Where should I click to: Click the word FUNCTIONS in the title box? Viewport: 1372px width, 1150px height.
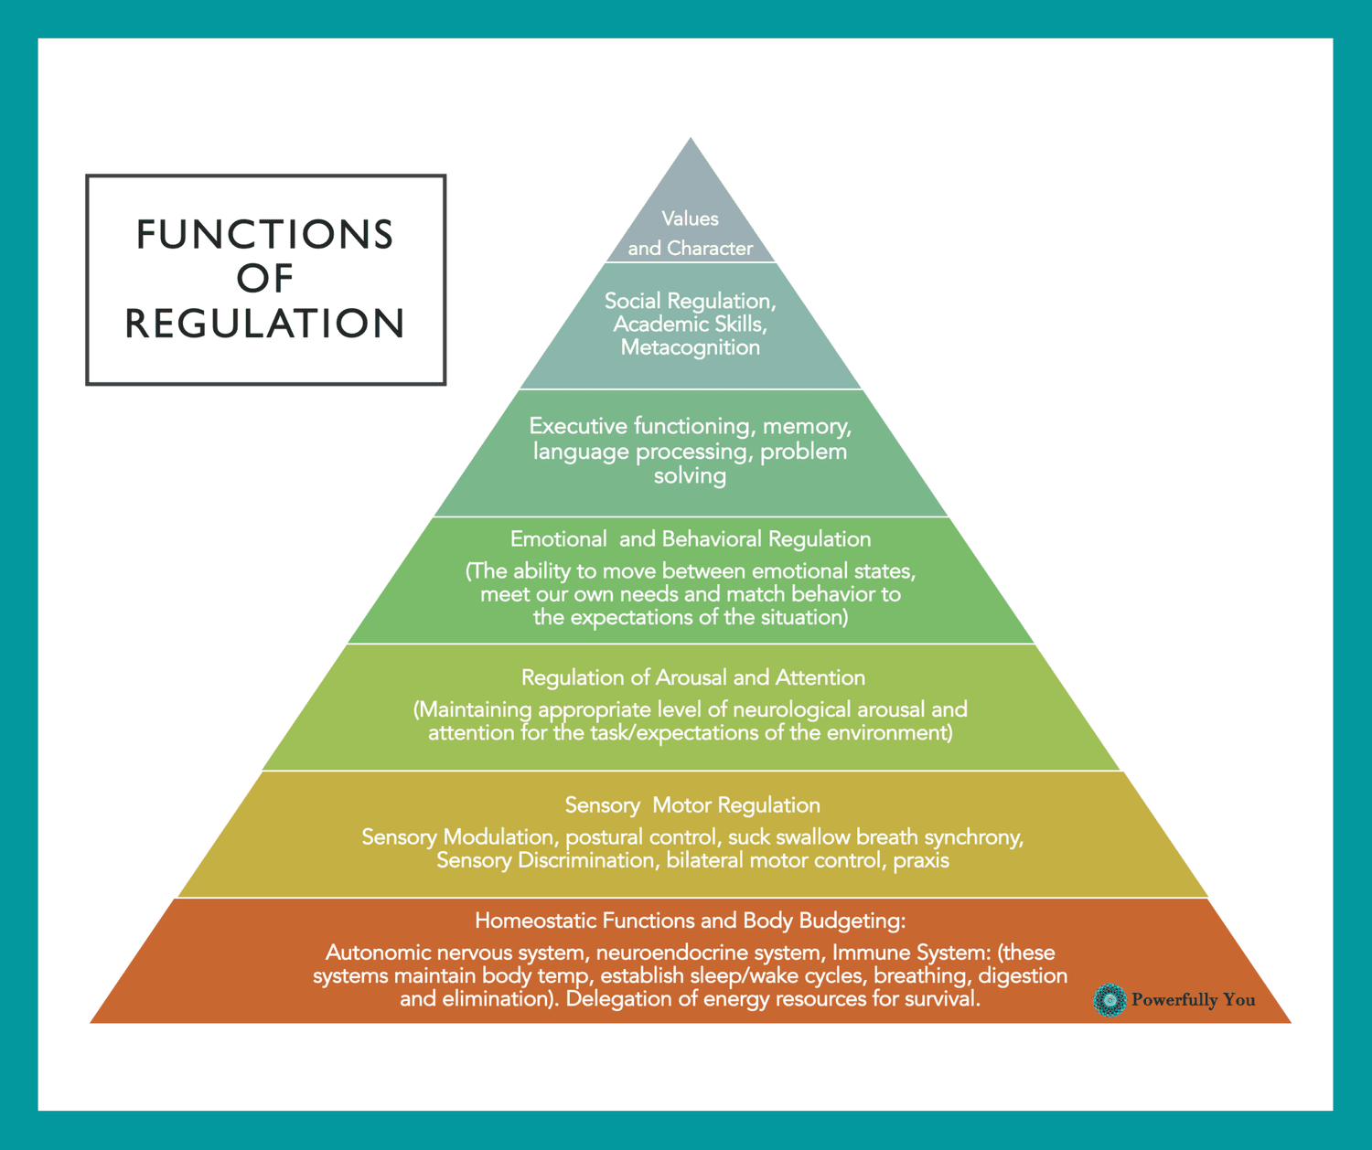264,235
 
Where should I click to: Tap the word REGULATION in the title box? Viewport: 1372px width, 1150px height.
264,324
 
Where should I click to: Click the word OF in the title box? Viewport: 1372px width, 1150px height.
265,279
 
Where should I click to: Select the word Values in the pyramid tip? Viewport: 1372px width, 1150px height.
690,218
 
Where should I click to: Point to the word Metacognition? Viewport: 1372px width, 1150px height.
690,347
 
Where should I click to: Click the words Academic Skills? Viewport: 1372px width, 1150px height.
690,325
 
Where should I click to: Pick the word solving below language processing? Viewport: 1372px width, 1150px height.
690,475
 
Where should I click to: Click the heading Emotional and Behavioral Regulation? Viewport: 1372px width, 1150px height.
690,539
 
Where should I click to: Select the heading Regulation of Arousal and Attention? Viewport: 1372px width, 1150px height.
692,677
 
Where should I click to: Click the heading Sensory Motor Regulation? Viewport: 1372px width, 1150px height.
691,805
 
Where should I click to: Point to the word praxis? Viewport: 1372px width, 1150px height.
921,860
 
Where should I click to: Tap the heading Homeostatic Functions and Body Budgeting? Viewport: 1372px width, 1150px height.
690,921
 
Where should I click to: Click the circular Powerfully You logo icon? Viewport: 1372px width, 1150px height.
1109,1000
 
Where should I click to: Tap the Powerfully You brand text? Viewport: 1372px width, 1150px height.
1193,1000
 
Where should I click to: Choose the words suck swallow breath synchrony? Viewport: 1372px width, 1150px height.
874,837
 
